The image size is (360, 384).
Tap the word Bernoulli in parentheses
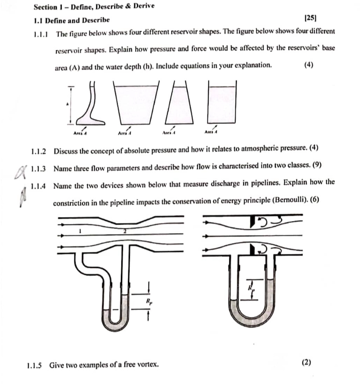tap(292, 203)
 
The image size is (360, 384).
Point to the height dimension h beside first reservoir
tap(68, 104)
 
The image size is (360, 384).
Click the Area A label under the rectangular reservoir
tap(211, 131)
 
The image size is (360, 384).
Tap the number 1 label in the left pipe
tap(80, 232)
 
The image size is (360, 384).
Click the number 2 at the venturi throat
tap(124, 232)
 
